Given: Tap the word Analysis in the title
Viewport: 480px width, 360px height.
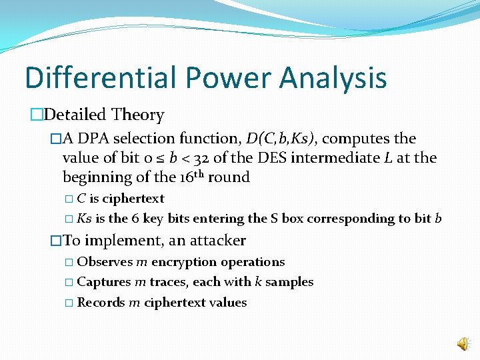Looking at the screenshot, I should pos(333,77).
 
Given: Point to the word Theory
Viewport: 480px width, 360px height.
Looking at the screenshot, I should pos(138,115).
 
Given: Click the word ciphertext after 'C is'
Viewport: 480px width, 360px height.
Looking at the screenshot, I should pos(133,199).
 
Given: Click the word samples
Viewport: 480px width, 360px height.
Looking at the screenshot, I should pos(289,282).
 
